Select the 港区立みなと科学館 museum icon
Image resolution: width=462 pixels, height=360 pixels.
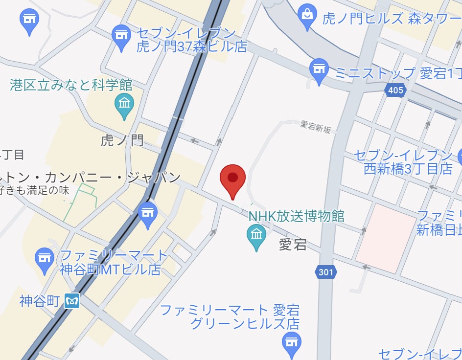pos(124,104)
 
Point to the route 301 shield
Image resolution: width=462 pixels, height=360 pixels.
pos(326,272)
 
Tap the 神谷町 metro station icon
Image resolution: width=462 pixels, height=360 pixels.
pos(72,301)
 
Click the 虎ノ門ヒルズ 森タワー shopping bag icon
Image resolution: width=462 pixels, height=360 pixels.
pos(307,16)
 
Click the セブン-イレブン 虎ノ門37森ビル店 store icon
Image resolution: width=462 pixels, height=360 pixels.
pos(121,36)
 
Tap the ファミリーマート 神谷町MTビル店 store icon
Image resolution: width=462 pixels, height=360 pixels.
pos(45,258)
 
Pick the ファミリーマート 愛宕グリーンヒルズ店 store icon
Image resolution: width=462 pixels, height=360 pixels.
pos(292,342)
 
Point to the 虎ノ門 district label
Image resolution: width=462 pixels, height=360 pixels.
pos(122,141)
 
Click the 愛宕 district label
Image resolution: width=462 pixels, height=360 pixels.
pos(293,244)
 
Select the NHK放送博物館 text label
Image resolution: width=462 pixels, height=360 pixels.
pos(296,216)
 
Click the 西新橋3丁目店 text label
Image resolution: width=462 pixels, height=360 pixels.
pos(408,169)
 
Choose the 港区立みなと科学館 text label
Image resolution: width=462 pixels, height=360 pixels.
pos(71,85)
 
